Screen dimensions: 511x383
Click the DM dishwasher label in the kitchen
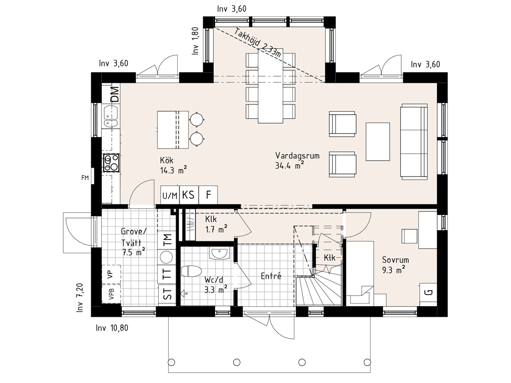pyautogui.click(x=115, y=94)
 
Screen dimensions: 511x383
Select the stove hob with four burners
pyautogui.click(x=111, y=163)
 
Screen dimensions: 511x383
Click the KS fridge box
pyautogui.click(x=188, y=195)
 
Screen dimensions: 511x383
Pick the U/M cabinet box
pyautogui.click(x=170, y=195)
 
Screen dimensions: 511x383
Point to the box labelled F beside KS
pyautogui.click(x=208, y=195)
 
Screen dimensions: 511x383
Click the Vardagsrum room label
pyautogui.click(x=297, y=156)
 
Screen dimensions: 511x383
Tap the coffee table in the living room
pyautogui.click(x=378, y=142)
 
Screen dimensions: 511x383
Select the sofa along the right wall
pyautogui.click(x=414, y=142)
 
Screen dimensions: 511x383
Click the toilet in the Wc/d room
pyautogui.click(x=191, y=271)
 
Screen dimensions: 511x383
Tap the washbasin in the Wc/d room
pyautogui.click(x=220, y=253)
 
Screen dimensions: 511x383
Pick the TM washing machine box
pyautogui.click(x=167, y=240)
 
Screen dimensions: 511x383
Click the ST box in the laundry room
pyautogui.click(x=167, y=294)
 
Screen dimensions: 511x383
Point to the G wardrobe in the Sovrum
pyautogui.click(x=428, y=292)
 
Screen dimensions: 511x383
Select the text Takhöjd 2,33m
pyautogui.click(x=257, y=43)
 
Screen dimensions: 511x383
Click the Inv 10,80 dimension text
pyautogui.click(x=112, y=328)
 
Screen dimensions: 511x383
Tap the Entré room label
pyautogui.click(x=271, y=276)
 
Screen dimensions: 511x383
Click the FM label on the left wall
pyautogui.click(x=85, y=178)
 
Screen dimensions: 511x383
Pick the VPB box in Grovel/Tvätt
pyautogui.click(x=111, y=294)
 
